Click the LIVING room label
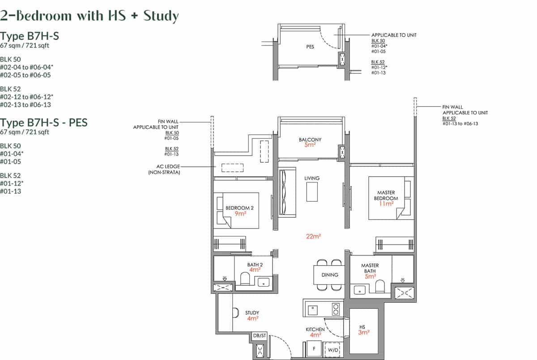tap(312, 178)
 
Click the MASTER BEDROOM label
tap(385, 195)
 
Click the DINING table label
tap(330, 275)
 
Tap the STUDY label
tap(252, 313)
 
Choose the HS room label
tap(363, 326)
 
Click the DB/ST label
tap(259, 335)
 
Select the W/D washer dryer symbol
tap(332, 350)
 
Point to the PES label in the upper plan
tap(310, 47)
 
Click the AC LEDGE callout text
tap(164, 169)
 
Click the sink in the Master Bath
tap(359, 290)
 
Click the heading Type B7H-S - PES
tap(43, 122)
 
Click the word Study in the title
tap(161, 16)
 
